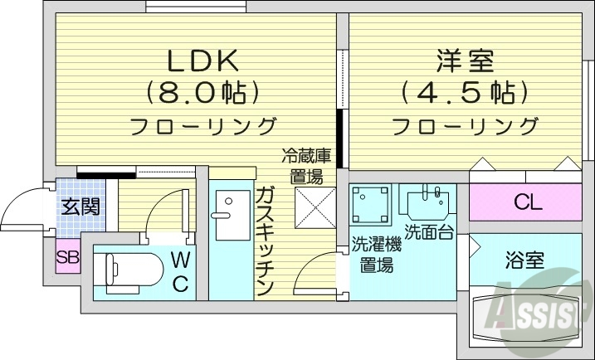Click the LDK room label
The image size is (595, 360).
[x=202, y=61]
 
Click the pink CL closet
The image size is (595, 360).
[x=524, y=202]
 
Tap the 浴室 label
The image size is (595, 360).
[x=524, y=260]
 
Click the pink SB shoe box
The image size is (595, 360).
[x=67, y=257]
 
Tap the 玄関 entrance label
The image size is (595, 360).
[x=80, y=206]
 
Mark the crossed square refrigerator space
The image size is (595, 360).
[x=315, y=207]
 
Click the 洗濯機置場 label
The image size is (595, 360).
[x=376, y=255]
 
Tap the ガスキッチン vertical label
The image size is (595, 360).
[x=266, y=241]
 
